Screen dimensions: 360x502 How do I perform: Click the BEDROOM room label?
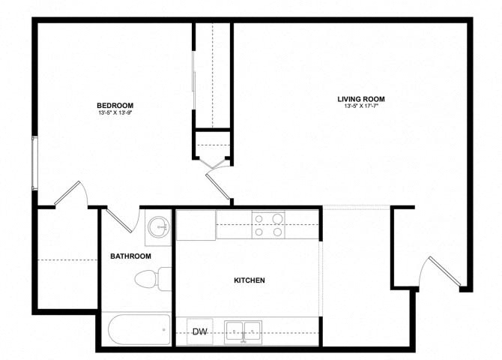(x=115, y=105)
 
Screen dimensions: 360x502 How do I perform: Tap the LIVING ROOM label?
(x=361, y=99)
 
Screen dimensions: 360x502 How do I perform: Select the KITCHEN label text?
(x=250, y=280)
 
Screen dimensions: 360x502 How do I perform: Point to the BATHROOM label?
(x=130, y=256)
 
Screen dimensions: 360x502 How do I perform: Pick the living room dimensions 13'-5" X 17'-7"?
(x=361, y=107)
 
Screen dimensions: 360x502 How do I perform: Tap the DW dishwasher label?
(x=199, y=331)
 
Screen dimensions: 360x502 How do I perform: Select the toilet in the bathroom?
(x=153, y=280)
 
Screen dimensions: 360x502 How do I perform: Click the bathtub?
(x=139, y=330)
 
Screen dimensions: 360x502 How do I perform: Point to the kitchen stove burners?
(x=268, y=225)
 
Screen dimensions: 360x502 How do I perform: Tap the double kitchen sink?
(x=244, y=331)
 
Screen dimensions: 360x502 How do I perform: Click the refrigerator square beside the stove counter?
(x=196, y=225)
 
